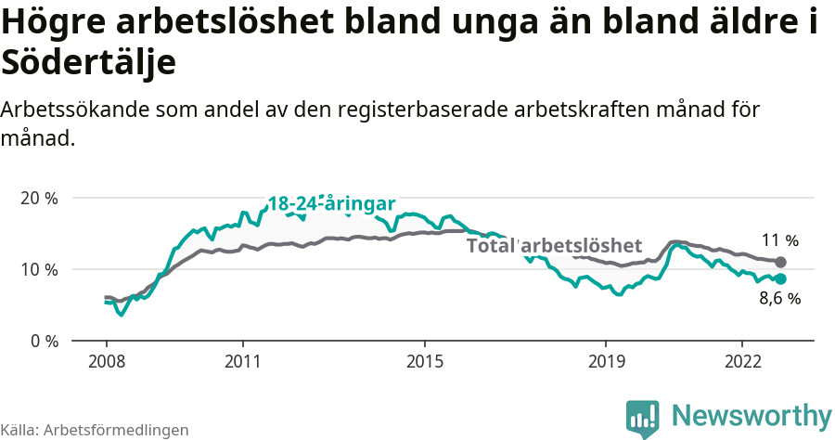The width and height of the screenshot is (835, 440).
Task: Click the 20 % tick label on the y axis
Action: coord(39,198)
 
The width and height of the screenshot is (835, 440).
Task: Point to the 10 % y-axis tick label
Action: coord(39,269)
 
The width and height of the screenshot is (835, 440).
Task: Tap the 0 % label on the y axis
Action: coord(43,341)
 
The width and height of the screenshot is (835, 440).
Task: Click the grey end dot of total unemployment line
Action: coord(780,263)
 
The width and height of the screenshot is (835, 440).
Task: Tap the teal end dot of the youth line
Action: coord(780,278)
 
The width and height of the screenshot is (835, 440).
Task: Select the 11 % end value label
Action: coord(780,239)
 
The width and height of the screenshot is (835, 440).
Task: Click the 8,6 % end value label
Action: coord(779,299)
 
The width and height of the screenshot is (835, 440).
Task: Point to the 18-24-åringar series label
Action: coord(331,204)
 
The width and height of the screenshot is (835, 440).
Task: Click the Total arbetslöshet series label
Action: coord(554,246)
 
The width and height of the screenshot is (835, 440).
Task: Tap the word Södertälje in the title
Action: coord(89,63)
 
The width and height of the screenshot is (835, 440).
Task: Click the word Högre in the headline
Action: coord(55,23)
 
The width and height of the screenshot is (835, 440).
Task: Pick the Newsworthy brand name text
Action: coord(751,415)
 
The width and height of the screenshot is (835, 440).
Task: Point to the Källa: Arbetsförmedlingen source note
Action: coord(95,430)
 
